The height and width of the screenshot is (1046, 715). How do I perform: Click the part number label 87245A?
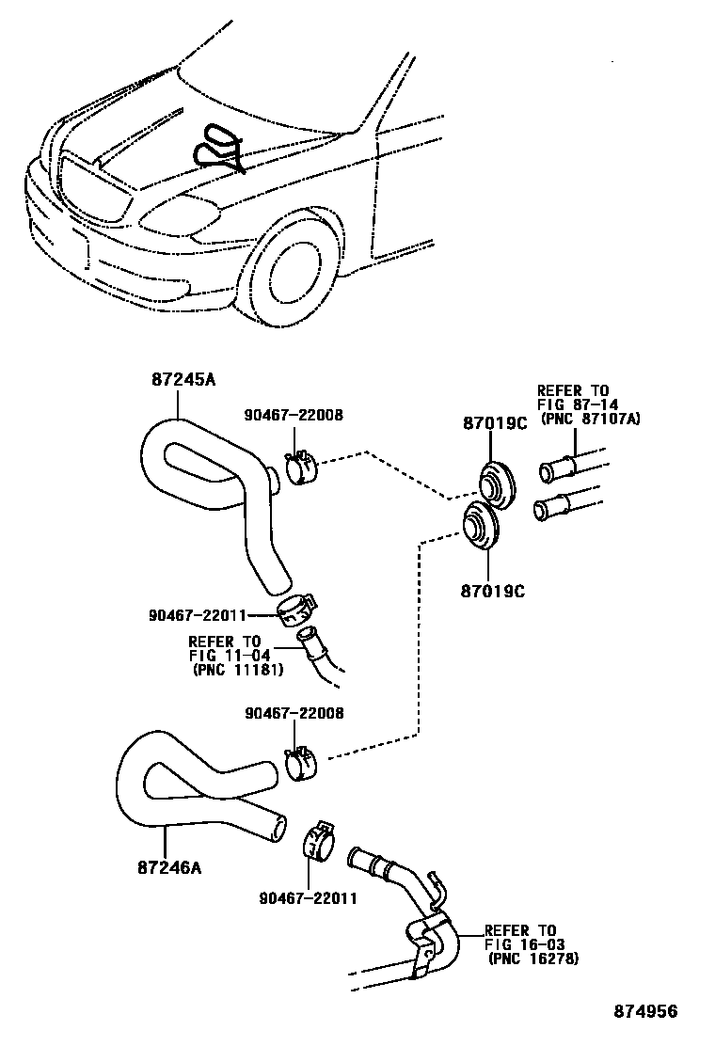183,380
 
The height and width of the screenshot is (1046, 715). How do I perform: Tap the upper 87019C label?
494,424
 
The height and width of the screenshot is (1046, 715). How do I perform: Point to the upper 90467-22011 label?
197,615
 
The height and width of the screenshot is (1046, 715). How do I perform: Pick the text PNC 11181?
234,671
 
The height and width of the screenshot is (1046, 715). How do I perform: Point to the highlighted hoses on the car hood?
218,149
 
